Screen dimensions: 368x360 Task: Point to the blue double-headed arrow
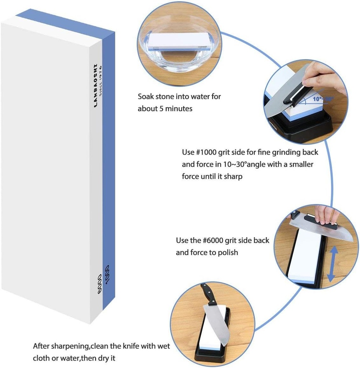point(333,263)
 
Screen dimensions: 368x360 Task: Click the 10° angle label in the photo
point(317,98)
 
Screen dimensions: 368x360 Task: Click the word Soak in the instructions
point(146,97)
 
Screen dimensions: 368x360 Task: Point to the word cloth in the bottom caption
point(42,358)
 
